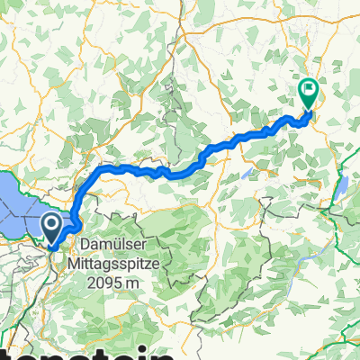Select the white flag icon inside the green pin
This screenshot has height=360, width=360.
(309, 89)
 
